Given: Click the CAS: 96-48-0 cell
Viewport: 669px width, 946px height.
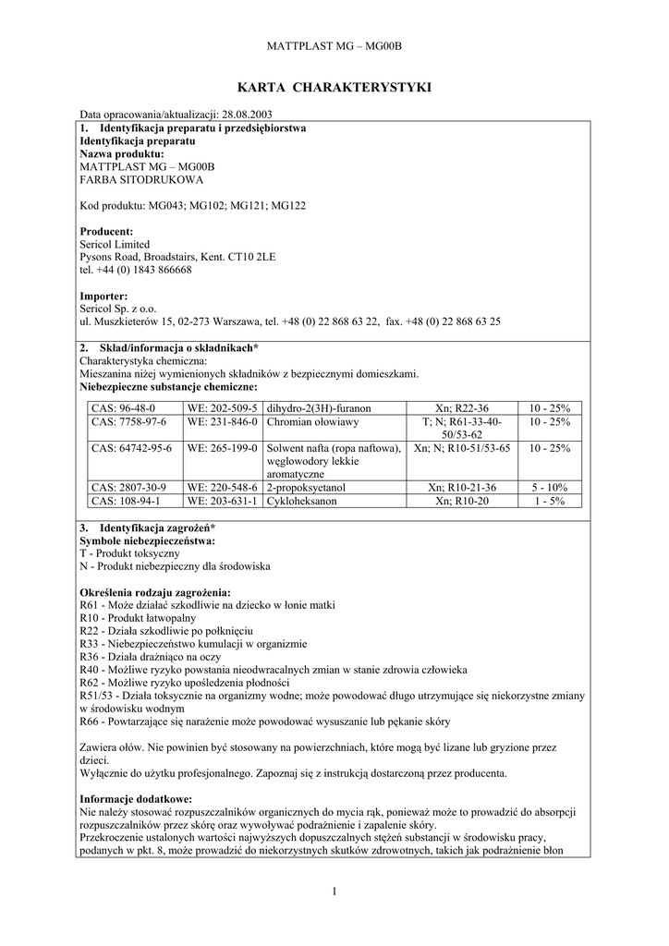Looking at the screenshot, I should pyautogui.click(x=123, y=407).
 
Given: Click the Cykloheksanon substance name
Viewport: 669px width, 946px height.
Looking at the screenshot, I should pyautogui.click(x=301, y=501).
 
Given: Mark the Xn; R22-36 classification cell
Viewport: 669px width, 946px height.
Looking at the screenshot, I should pyautogui.click(x=461, y=407).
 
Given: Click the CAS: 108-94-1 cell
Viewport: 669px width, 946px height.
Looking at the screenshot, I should pyautogui.click(x=127, y=501).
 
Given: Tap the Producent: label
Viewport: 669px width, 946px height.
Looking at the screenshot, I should pyautogui.click(x=107, y=231).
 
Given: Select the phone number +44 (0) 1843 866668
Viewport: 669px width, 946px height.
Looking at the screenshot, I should pyautogui.click(x=143, y=270).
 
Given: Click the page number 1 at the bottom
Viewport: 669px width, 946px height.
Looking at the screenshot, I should pyautogui.click(x=334, y=891).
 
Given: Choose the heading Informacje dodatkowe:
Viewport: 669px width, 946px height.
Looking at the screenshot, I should pyautogui.click(x=136, y=798).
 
